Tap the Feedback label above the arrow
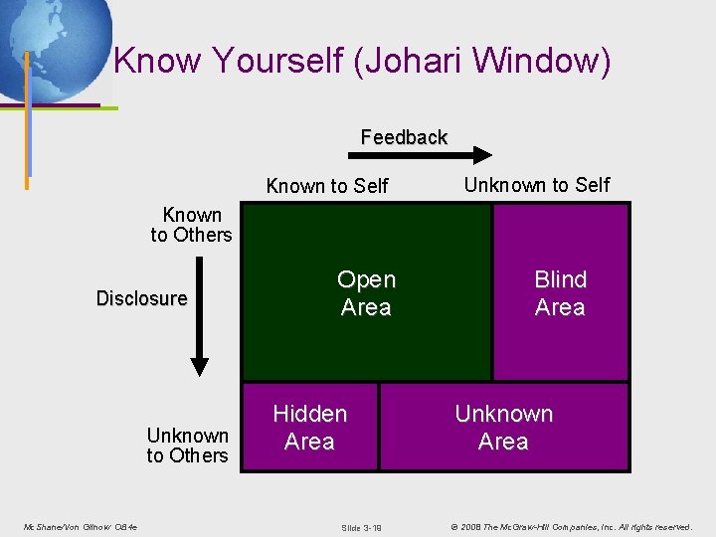click(404, 137)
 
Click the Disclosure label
click(141, 298)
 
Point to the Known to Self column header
click(327, 186)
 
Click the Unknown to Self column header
click(537, 185)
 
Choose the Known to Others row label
click(191, 225)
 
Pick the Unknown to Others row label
click(187, 446)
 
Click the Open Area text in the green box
click(366, 293)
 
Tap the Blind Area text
click(560, 293)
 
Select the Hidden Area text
click(309, 428)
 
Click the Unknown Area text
click(503, 428)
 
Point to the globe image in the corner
click(55, 45)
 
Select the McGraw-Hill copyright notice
click(570, 526)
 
